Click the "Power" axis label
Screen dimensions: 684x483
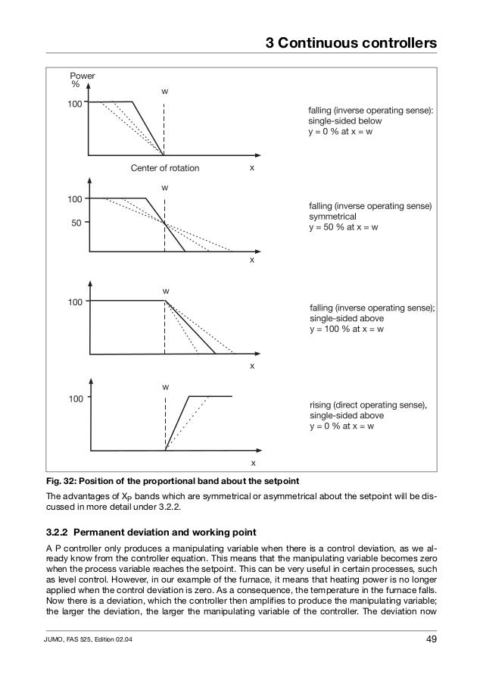click(x=83, y=77)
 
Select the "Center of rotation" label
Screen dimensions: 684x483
click(x=165, y=168)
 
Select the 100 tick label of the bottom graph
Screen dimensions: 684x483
click(x=73, y=398)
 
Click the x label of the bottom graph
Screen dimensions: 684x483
click(x=253, y=462)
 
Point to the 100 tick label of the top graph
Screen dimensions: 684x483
click(x=73, y=102)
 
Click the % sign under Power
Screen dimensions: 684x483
click(x=76, y=85)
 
